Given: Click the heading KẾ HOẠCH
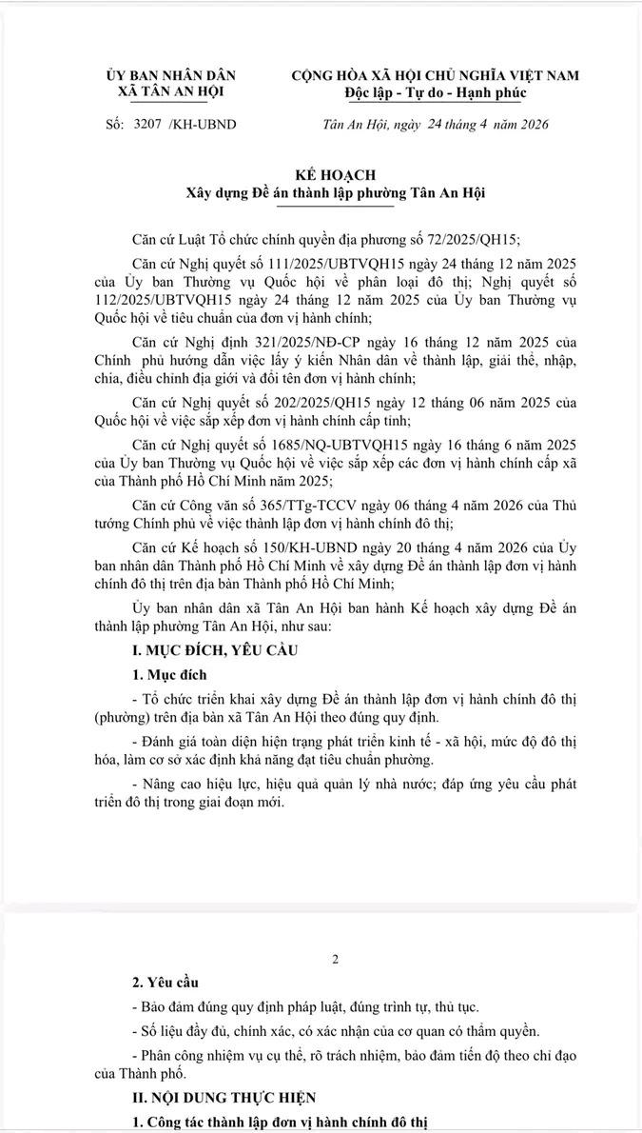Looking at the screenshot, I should coord(335,175).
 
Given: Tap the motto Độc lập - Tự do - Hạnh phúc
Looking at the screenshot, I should coord(435,92).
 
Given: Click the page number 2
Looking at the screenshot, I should coord(335,959).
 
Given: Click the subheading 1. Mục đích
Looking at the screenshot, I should coord(169,674).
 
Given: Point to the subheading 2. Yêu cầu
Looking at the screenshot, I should coord(165,982).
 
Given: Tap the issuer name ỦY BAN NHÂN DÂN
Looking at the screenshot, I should coord(171,75).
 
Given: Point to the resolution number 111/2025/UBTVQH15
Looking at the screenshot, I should coord(326,262).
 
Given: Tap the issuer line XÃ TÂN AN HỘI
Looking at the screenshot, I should coord(171,92).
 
